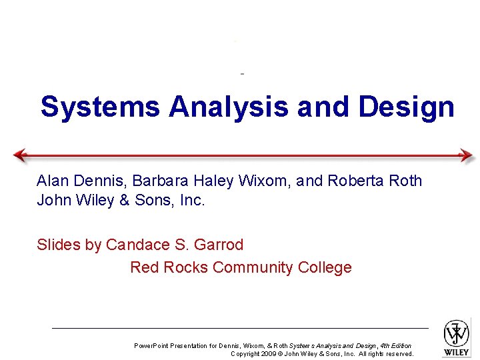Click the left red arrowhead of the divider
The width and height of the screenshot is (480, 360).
(x=20, y=155)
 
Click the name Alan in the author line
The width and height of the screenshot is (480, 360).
(x=51, y=181)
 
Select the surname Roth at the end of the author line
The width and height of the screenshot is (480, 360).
(x=405, y=181)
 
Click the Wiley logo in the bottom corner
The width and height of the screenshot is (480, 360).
(x=457, y=337)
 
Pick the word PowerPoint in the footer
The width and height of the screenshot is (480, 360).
(x=151, y=346)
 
